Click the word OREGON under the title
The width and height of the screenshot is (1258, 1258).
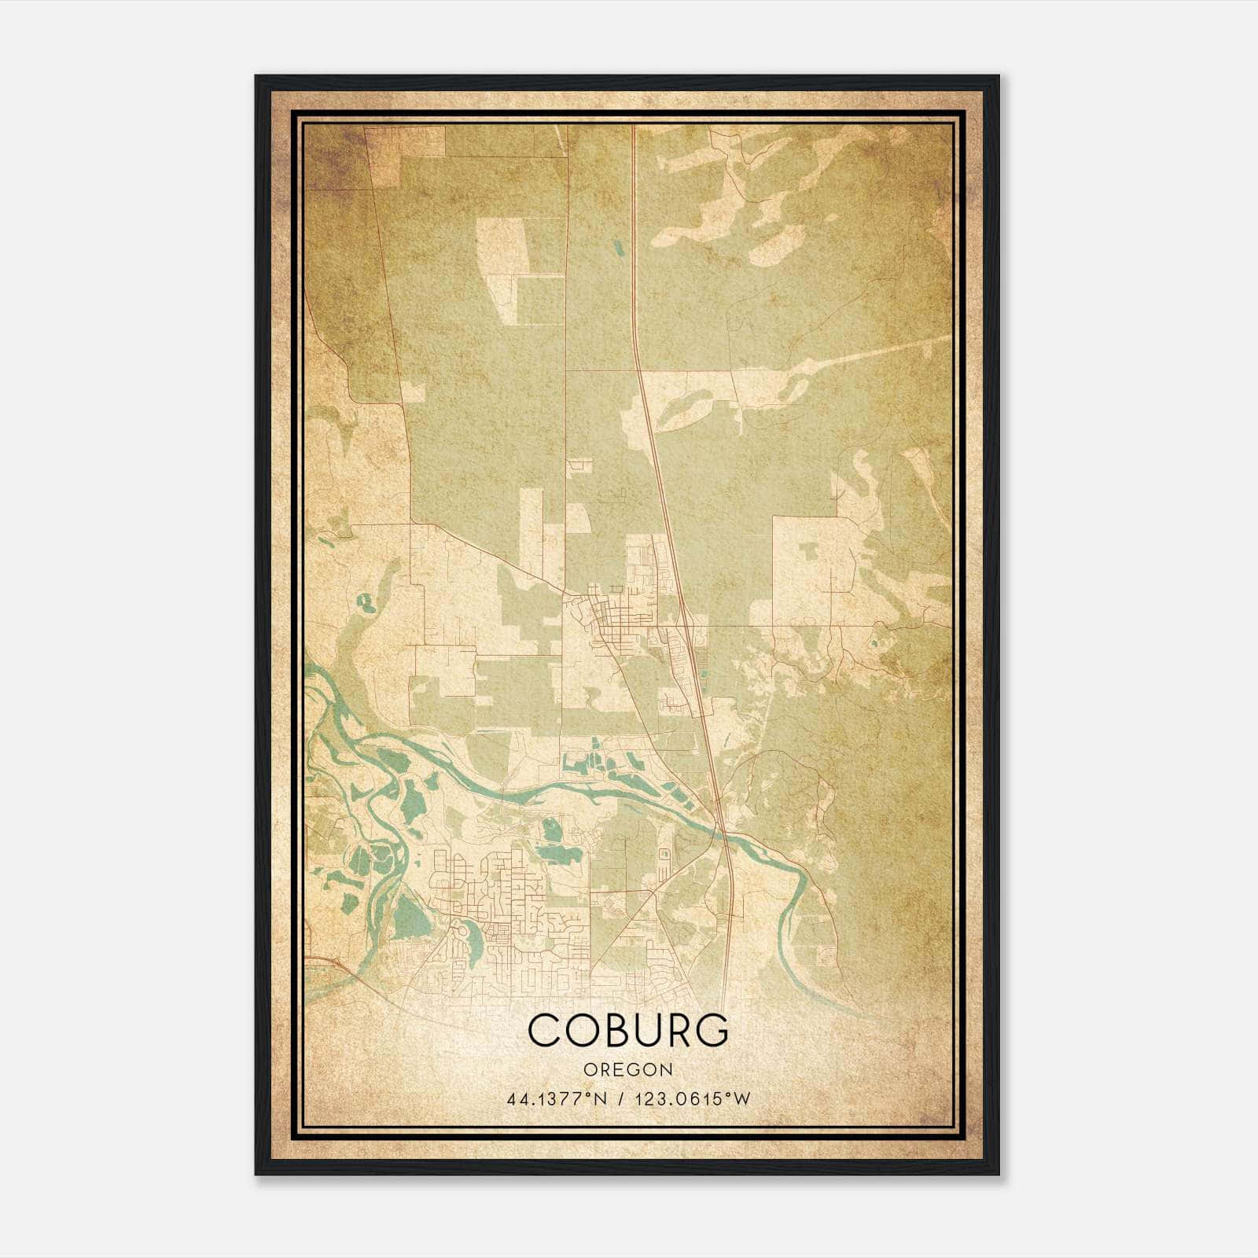point(628,1069)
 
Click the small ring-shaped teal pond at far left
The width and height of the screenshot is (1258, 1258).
point(364,604)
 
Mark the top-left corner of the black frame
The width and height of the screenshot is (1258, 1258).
point(256,76)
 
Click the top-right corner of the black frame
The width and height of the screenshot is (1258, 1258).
point(999,76)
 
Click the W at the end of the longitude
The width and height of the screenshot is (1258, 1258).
point(742,1099)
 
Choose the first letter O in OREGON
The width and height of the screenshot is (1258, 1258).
point(589,1069)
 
